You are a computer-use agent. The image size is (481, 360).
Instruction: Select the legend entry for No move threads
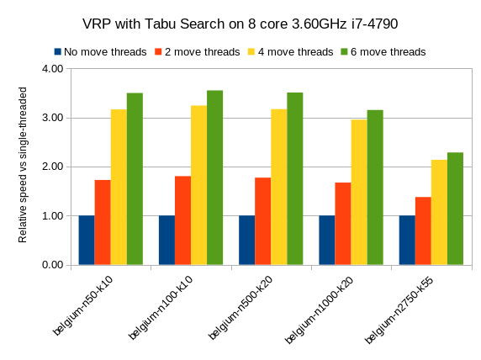click(101, 52)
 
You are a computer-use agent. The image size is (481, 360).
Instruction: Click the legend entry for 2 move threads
click(197, 52)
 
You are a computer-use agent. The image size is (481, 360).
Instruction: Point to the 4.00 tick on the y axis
click(52, 69)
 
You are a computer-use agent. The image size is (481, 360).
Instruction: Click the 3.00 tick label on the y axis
click(52, 118)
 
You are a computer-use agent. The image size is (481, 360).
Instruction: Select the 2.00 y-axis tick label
click(52, 167)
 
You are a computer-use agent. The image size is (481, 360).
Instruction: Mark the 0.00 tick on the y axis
click(52, 265)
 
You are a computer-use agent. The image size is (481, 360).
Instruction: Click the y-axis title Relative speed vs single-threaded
click(24, 167)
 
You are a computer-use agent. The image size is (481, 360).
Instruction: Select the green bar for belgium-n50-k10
click(135, 179)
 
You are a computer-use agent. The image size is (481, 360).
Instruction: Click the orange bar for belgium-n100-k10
click(182, 220)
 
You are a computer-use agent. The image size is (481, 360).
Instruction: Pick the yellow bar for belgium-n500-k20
click(278, 187)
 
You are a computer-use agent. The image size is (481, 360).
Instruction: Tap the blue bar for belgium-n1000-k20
click(326, 240)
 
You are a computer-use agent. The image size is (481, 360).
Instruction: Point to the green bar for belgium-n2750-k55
click(455, 209)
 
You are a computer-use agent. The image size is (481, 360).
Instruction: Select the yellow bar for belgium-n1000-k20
click(358, 192)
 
